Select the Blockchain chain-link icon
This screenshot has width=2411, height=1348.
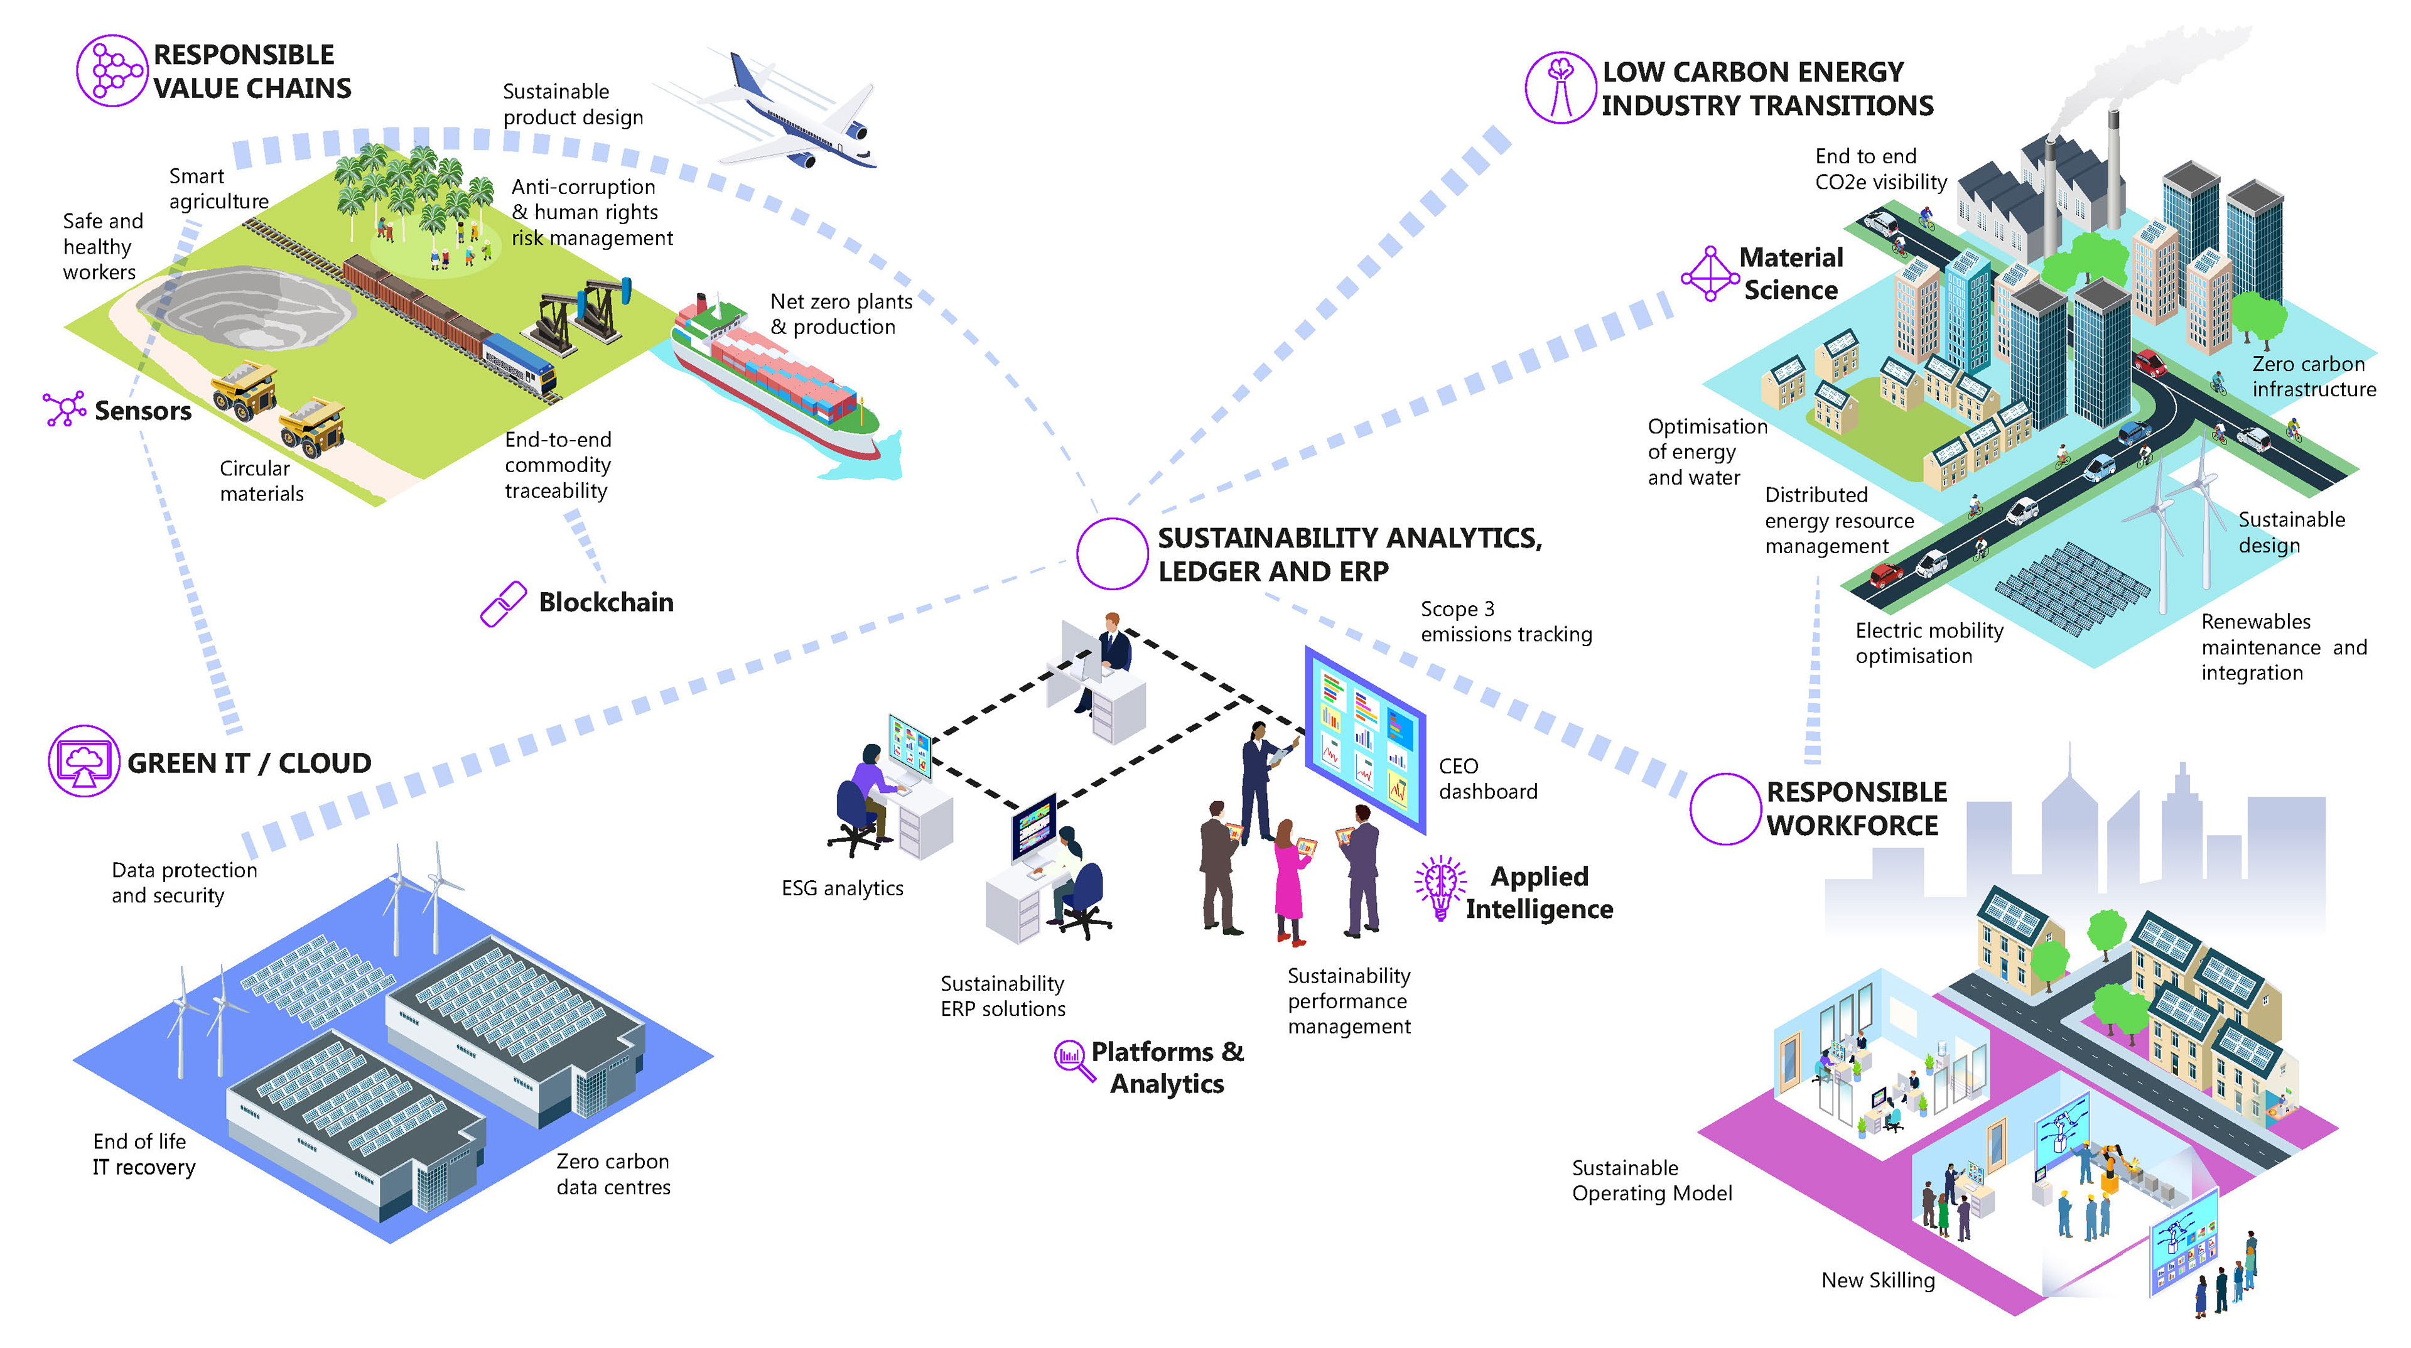(502, 604)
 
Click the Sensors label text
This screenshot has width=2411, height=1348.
(143, 411)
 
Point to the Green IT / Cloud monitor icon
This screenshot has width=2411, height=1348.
(84, 761)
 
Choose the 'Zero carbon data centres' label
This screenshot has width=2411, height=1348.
(613, 1174)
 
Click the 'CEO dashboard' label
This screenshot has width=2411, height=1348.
(1487, 779)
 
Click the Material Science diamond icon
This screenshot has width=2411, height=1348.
(1710, 273)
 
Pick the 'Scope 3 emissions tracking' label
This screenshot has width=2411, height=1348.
(1505, 622)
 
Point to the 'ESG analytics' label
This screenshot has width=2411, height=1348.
(843, 888)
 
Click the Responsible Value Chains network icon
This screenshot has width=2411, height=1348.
(111, 70)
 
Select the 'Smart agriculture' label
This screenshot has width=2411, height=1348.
(218, 189)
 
